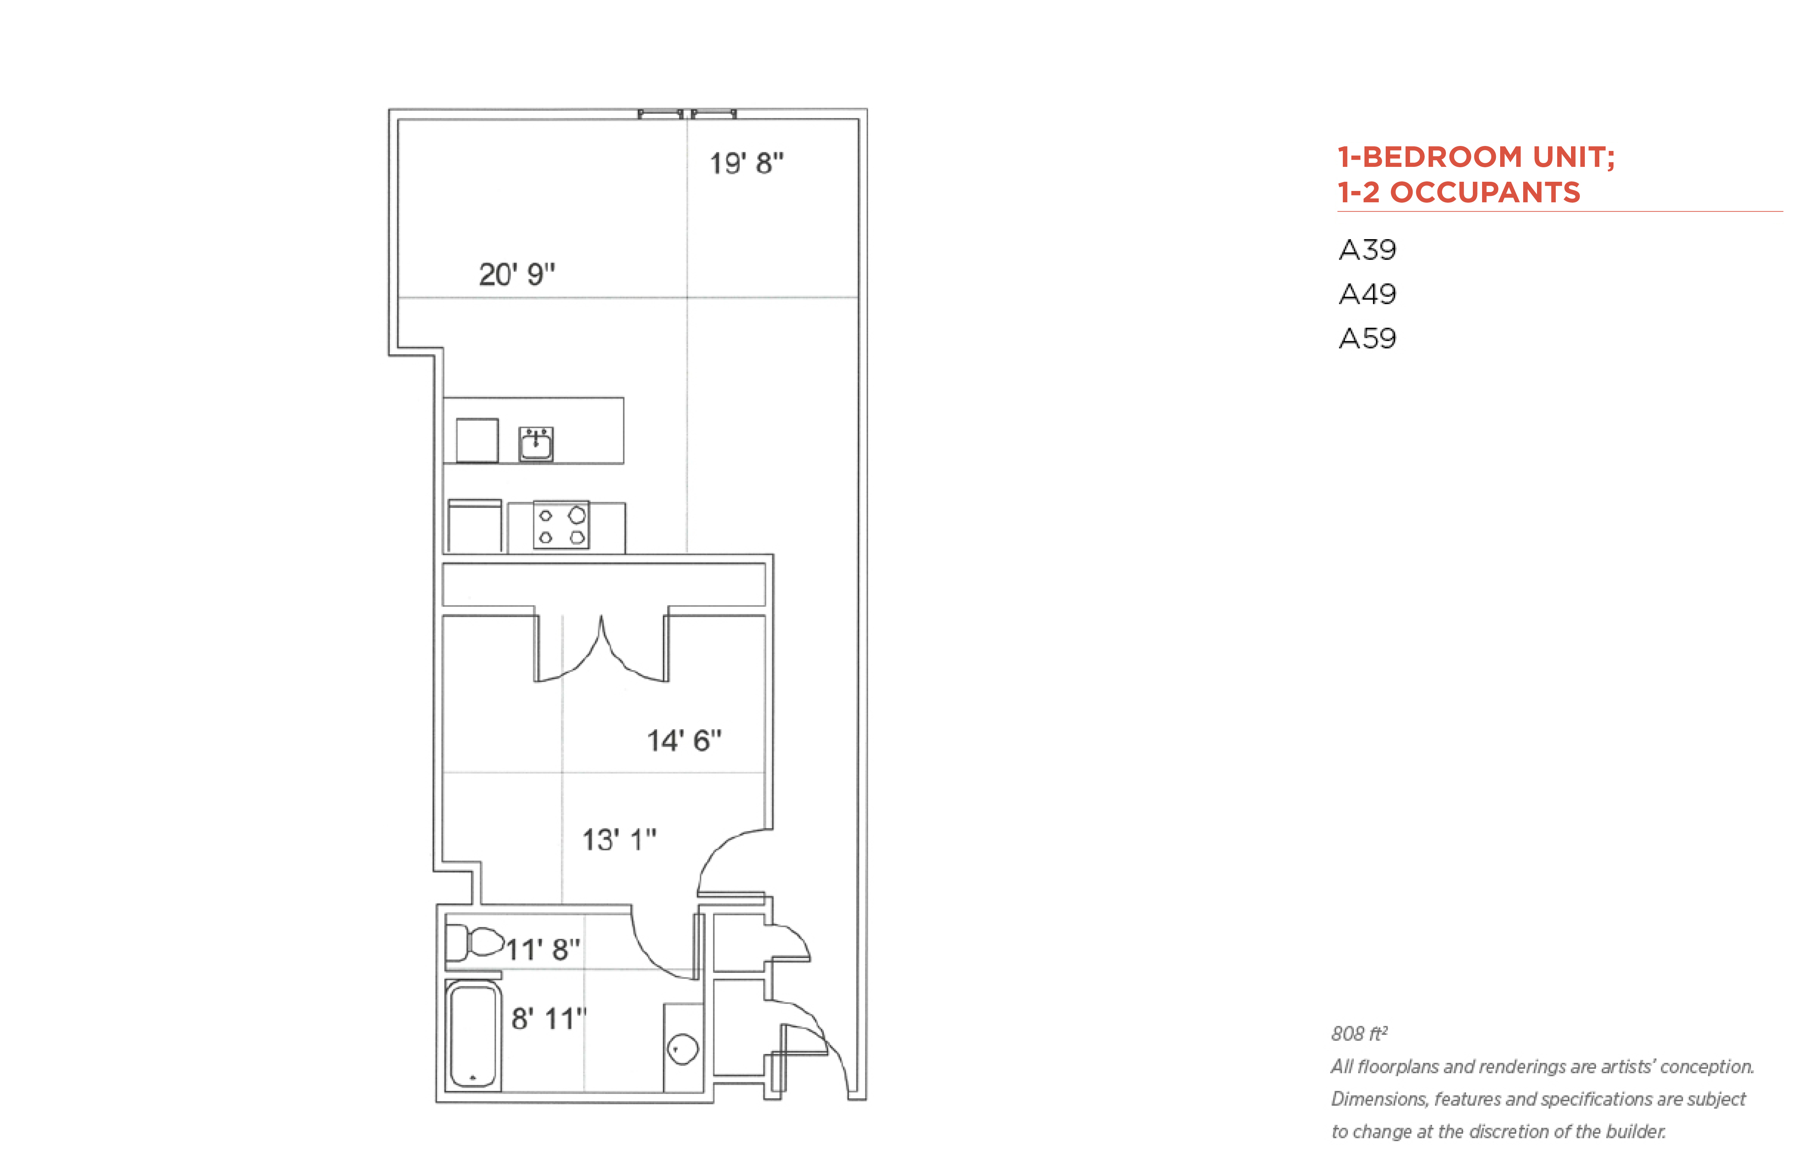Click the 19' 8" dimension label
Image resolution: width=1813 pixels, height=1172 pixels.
point(746,163)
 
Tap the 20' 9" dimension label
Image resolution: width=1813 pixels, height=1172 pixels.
point(517,274)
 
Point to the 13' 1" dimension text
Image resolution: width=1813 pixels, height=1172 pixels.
point(619,839)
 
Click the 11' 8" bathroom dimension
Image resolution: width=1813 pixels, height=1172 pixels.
point(543,949)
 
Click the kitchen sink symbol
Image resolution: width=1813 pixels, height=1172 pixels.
point(536,444)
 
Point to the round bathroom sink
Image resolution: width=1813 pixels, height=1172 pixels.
point(683,1049)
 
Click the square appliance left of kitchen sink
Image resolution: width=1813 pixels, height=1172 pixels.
point(477,440)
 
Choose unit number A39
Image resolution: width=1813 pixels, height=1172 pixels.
point(1367,250)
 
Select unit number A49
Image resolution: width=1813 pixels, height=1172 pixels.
point(1367,294)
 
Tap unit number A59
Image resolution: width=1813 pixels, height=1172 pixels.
point(1367,338)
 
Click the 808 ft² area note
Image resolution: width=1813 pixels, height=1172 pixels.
point(1359,1033)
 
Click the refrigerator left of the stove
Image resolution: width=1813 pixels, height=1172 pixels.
point(475,526)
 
